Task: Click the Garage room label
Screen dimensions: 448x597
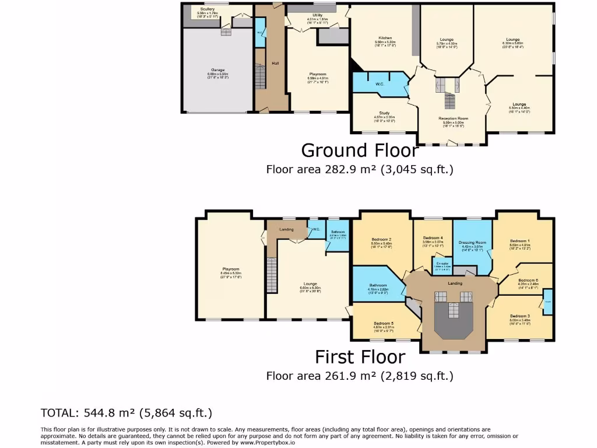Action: point(218,70)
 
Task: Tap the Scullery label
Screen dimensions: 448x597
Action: point(208,9)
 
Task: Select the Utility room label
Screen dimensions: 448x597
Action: point(318,15)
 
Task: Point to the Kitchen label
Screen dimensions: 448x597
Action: point(385,38)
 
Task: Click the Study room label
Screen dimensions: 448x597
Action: point(384,113)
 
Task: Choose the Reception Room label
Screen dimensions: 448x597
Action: point(454,118)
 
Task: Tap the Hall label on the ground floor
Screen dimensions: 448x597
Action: point(275,64)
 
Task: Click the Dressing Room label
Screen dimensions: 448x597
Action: point(472,242)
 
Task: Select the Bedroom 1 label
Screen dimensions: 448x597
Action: point(519,240)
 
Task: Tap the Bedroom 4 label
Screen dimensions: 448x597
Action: point(433,238)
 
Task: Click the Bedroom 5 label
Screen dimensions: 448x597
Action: point(384,323)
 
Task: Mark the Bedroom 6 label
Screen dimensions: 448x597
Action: point(528,280)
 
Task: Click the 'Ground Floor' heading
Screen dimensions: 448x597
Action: point(360,150)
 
